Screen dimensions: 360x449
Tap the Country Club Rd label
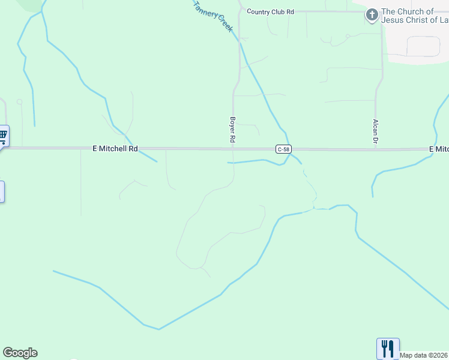(x=270, y=11)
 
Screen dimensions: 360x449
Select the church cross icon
(x=372, y=15)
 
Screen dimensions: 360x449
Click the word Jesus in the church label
(x=394, y=20)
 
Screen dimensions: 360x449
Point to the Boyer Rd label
(x=232, y=129)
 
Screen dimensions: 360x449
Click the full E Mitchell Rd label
(x=115, y=148)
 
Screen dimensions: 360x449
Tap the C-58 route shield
(x=284, y=149)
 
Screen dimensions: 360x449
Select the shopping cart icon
(x=3, y=136)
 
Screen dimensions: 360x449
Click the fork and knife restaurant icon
(x=387, y=348)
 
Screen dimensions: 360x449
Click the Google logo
(x=20, y=353)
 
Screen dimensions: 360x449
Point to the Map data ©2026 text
(x=424, y=355)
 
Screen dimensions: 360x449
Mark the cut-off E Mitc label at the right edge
(x=439, y=149)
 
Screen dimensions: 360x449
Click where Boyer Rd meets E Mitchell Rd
(x=233, y=149)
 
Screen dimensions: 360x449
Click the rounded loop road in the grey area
(x=423, y=46)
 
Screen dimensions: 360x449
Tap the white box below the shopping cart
(x=2, y=191)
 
